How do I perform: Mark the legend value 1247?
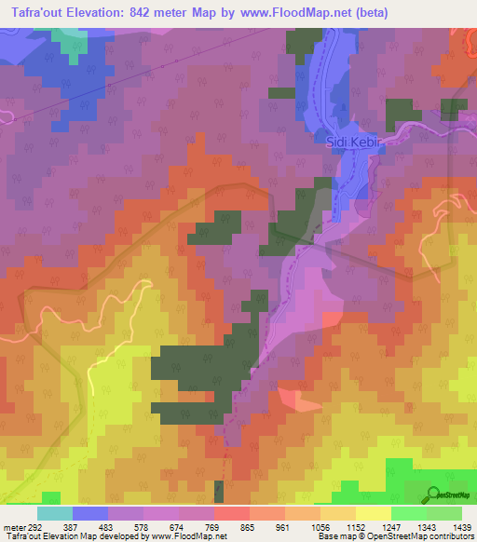click(x=390, y=528)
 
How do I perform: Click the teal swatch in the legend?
click(x=54, y=514)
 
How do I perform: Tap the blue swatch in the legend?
click(x=89, y=514)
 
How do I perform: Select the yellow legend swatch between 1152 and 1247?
click(x=373, y=514)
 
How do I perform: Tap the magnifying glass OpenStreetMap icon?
click(x=433, y=495)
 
